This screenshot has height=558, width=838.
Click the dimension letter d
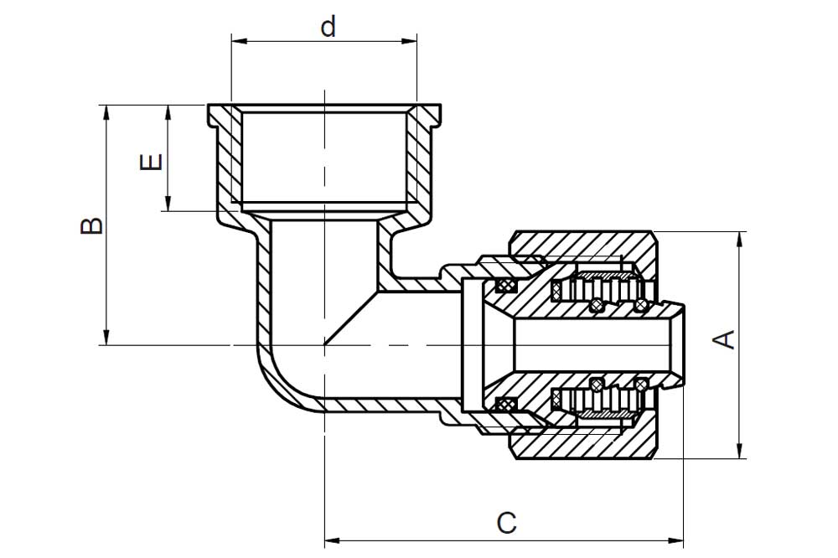tap(328, 26)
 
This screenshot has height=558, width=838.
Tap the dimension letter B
tap(92, 225)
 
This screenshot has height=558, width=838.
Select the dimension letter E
tap(151, 162)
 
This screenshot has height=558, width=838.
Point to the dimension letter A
tap(725, 340)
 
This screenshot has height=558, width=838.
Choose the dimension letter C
tap(507, 523)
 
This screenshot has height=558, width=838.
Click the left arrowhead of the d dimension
tap(238, 40)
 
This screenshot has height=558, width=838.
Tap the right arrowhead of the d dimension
tap(410, 40)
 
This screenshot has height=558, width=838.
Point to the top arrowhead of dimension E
tap(168, 112)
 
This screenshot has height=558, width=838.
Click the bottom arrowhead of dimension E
tap(168, 204)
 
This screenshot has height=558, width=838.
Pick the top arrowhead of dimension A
tap(740, 239)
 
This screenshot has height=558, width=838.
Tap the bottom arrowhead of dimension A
tap(740, 451)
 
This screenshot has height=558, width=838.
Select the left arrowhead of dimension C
tap(333, 540)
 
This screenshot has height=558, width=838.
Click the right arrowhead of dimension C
tap(676, 540)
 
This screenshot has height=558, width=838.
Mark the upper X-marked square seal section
tap(504, 286)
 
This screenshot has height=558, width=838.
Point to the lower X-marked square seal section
tap(504, 405)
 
